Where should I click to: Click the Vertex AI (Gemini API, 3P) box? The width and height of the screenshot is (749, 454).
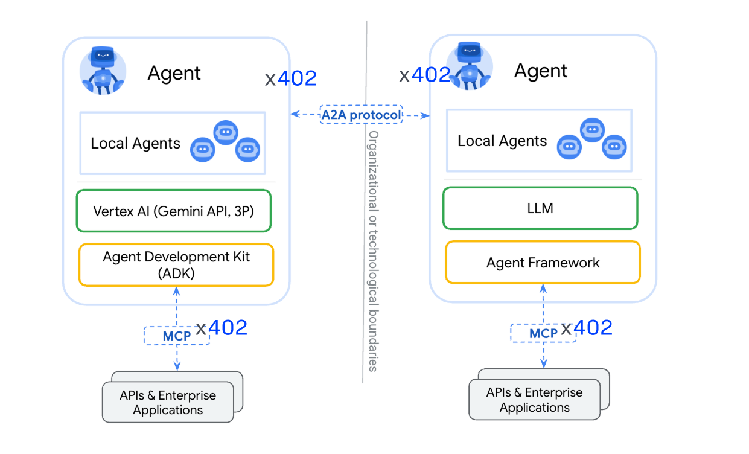[174, 211]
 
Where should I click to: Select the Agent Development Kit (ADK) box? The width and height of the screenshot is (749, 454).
[176, 264]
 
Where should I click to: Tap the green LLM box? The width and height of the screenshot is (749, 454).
[540, 208]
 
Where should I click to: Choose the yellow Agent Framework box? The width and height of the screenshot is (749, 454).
[543, 263]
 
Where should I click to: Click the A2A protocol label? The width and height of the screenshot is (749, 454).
[361, 115]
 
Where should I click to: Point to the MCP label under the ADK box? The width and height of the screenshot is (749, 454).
[176, 336]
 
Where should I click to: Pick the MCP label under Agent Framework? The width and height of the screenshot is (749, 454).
[543, 333]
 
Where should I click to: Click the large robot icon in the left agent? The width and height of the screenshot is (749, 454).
[103, 70]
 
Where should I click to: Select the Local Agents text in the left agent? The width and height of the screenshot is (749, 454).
[135, 144]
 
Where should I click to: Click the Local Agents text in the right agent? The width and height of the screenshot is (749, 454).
[502, 141]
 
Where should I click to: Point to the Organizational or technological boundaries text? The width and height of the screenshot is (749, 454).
[374, 251]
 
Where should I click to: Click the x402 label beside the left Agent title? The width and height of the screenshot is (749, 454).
[290, 78]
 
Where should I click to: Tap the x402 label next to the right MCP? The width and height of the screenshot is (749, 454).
[587, 328]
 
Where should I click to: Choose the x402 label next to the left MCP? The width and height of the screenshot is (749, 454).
[222, 328]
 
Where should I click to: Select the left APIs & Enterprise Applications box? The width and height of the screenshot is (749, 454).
[168, 402]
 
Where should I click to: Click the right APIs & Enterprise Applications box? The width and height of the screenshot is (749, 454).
[535, 400]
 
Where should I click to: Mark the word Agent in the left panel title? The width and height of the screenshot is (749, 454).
[174, 74]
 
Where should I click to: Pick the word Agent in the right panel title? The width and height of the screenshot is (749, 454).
[541, 71]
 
